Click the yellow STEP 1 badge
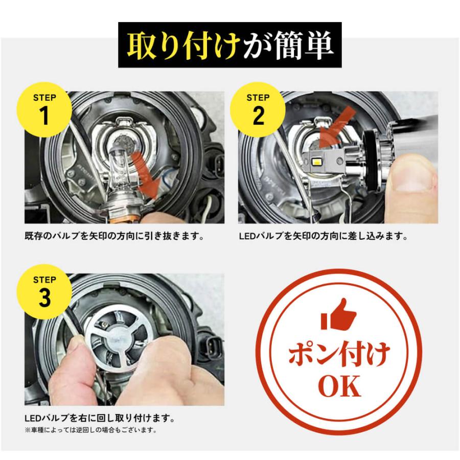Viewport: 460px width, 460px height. coord(45,109)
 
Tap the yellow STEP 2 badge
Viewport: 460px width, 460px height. coord(259,109)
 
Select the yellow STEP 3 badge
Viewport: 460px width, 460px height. coord(45,291)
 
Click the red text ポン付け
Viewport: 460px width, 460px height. coord(339,353)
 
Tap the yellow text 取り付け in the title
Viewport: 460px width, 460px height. coord(181,45)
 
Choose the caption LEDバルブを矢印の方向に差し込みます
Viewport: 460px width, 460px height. coord(323,237)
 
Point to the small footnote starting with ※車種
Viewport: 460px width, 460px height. coord(90,430)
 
